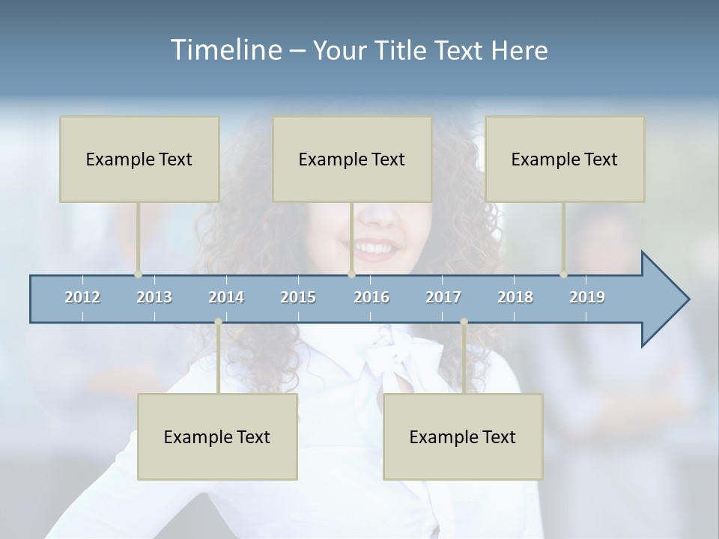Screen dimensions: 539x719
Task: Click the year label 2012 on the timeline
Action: pyautogui.click(x=82, y=297)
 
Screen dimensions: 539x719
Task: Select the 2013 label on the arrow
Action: pyautogui.click(x=154, y=297)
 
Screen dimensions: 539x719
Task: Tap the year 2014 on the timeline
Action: pyautogui.click(x=226, y=297)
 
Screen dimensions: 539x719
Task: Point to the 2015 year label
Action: pyautogui.click(x=298, y=297)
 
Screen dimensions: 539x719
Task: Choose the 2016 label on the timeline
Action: pyautogui.click(x=371, y=297)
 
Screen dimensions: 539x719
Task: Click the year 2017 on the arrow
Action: pyautogui.click(x=443, y=297)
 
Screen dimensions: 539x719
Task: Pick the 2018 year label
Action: pyautogui.click(x=515, y=297)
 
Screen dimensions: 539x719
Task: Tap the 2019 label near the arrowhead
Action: pyautogui.click(x=587, y=297)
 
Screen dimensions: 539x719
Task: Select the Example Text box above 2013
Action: pyautogui.click(x=139, y=159)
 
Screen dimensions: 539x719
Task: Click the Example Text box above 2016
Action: pyautogui.click(x=352, y=159)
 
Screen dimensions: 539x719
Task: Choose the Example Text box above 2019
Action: pyautogui.click(x=565, y=159)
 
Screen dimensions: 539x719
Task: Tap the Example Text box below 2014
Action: pyautogui.click(x=217, y=437)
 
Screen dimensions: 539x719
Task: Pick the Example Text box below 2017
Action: pyautogui.click(x=463, y=437)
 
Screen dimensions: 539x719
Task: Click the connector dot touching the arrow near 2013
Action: pyautogui.click(x=138, y=274)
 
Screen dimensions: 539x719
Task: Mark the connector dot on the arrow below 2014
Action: pyautogui.click(x=218, y=322)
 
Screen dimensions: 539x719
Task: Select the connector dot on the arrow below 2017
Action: pyautogui.click(x=464, y=322)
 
